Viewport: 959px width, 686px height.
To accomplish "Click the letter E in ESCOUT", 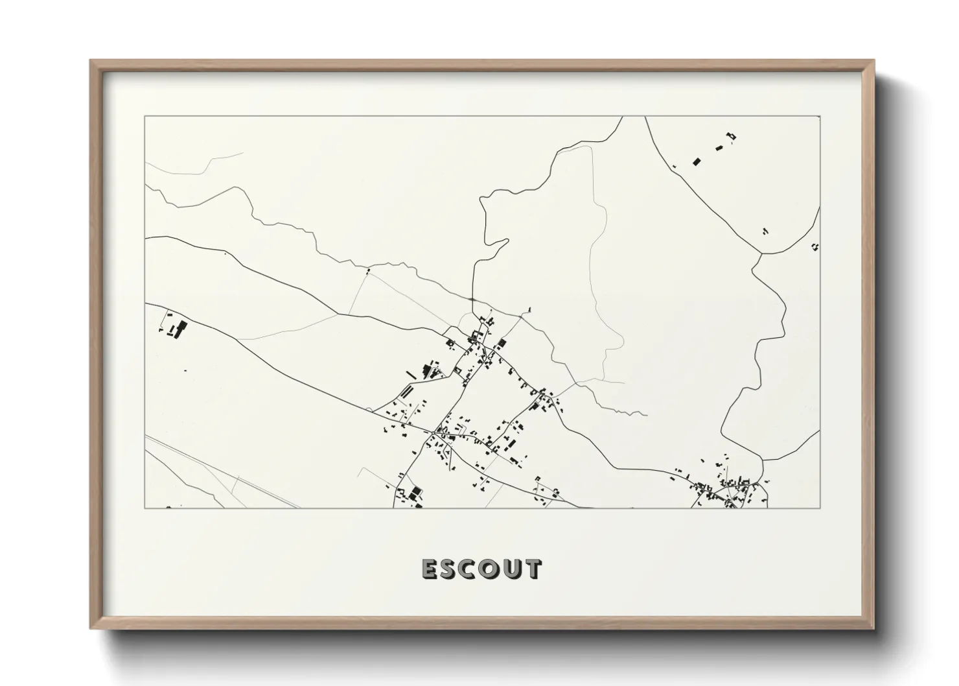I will pyautogui.click(x=430, y=569).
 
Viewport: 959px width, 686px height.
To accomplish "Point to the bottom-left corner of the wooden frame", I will pyautogui.click(x=91, y=628).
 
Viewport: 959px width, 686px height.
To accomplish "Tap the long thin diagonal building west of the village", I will pyautogui.click(x=410, y=374).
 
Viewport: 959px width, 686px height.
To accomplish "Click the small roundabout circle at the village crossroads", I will pyautogui.click(x=433, y=431).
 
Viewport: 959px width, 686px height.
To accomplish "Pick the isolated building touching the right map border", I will pyautogui.click(x=815, y=246).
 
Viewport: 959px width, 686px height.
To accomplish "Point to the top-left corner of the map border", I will pyautogui.click(x=144, y=117).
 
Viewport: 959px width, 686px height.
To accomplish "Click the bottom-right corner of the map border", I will pyautogui.click(x=820, y=508).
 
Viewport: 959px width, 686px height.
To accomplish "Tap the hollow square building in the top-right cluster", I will pyautogui.click(x=732, y=136).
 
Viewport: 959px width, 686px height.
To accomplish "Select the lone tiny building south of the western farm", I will pyautogui.click(x=185, y=370).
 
